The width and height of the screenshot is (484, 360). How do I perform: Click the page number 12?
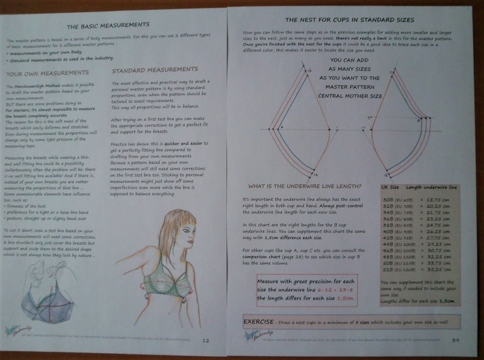click(205, 340)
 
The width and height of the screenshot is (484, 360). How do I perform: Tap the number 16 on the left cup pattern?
click(308, 72)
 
